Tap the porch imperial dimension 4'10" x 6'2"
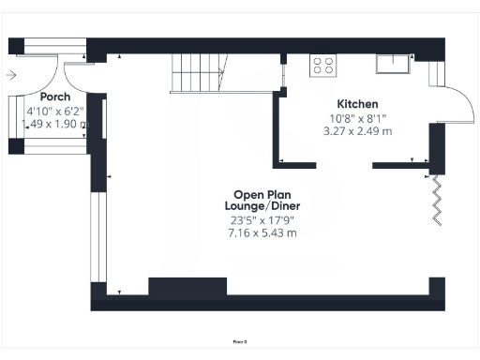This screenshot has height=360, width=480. click(55, 111)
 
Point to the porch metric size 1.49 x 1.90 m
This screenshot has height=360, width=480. click(55, 123)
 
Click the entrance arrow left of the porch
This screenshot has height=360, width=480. click(10, 75)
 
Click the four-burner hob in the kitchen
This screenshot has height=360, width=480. click(323, 66)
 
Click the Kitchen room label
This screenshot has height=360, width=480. click(357, 103)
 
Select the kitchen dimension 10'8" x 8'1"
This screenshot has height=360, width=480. click(357, 118)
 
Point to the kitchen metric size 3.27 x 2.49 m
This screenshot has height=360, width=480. click(357, 131)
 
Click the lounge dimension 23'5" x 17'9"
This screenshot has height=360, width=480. click(262, 220)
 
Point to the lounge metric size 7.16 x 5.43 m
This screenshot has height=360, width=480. click(262, 232)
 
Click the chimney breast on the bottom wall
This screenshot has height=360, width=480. click(187, 289)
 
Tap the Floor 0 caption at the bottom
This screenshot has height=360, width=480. click(240, 341)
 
